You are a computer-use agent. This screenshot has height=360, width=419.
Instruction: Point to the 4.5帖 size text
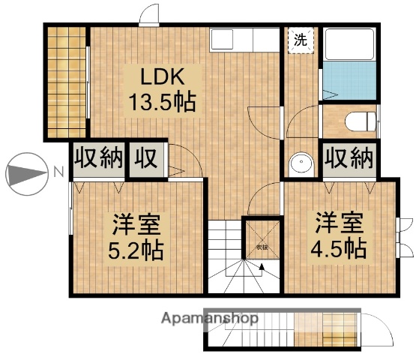(340, 247)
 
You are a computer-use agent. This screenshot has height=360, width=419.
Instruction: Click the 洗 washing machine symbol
(299, 39)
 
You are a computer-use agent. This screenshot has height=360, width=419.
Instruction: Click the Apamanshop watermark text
(211, 319)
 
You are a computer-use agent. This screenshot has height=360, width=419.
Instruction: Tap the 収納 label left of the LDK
(97, 159)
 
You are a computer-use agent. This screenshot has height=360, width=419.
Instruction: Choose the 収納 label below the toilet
(349, 159)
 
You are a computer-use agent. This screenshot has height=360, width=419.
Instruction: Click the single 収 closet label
(145, 159)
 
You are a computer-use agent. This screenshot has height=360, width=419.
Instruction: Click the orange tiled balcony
(67, 82)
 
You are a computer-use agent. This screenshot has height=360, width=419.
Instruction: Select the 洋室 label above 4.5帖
(340, 223)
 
